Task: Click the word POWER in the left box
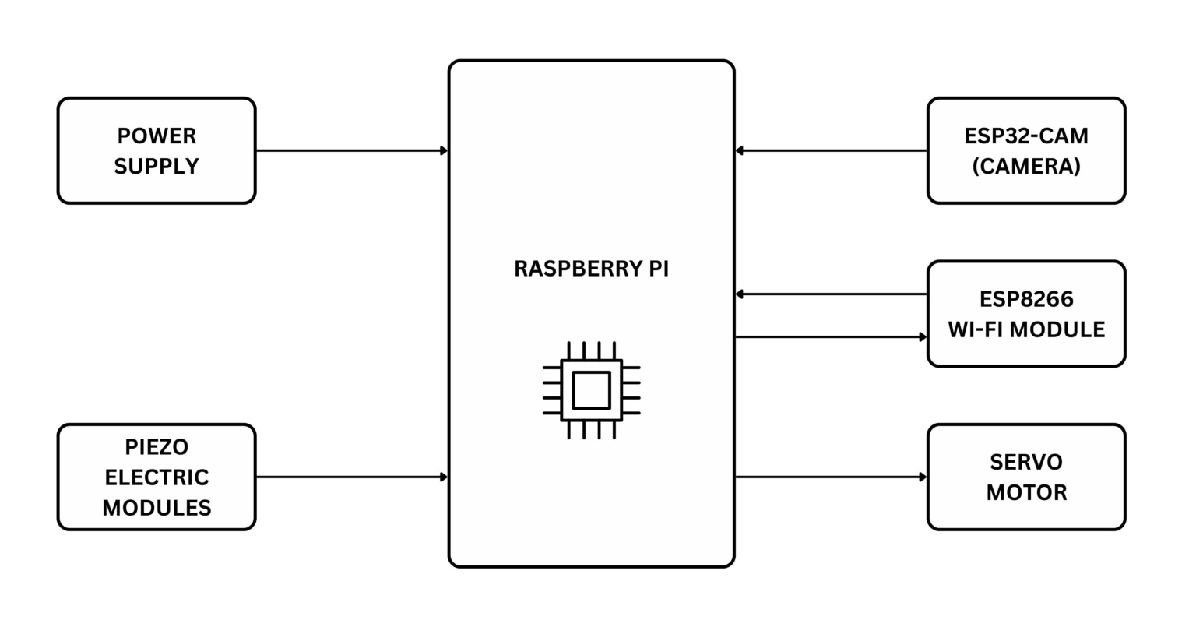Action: (157, 136)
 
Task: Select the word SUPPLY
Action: (157, 167)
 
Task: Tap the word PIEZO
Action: (157, 447)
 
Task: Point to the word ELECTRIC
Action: (157, 477)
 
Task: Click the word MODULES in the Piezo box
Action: (157, 508)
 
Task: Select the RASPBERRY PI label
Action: (591, 269)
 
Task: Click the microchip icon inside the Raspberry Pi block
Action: (591, 390)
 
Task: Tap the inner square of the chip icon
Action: (591, 390)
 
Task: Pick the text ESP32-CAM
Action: (1026, 136)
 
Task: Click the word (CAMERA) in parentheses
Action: (1026, 167)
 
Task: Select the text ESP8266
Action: (1026, 299)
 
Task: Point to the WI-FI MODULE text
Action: (1026, 329)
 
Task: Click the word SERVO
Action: (1026, 463)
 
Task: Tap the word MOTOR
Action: (1026, 493)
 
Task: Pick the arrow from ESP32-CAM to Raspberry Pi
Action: (831, 150)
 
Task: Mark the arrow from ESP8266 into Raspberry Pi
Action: (831, 294)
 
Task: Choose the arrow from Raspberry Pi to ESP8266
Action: (831, 337)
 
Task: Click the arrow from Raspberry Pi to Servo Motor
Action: (831, 477)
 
